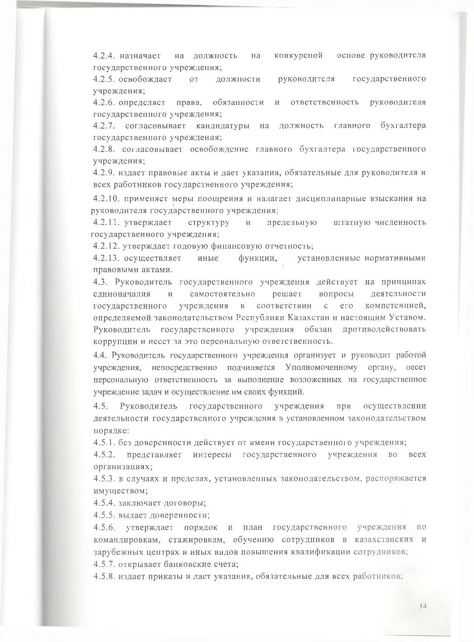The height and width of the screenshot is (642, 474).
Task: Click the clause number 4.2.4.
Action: (x=103, y=56)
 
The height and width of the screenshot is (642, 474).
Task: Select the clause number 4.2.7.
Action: (x=103, y=126)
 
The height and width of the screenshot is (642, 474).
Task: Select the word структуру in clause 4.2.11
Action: (x=208, y=222)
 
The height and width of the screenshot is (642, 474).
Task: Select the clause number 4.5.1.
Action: (x=103, y=442)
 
